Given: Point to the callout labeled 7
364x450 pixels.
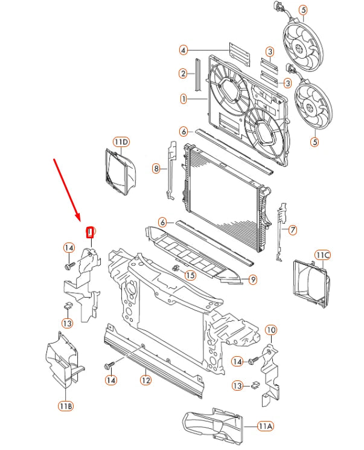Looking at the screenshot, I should [x=293, y=230].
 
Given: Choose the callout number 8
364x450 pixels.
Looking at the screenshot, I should [x=156, y=169].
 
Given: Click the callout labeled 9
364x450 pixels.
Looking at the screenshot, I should [x=252, y=279].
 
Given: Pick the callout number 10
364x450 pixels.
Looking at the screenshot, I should [x=271, y=330].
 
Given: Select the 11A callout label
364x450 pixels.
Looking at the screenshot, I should [x=265, y=426].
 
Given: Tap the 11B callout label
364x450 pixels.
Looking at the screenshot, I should [x=66, y=406].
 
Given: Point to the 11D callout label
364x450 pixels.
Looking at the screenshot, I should [x=121, y=142].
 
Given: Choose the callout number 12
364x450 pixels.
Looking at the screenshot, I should [x=145, y=380].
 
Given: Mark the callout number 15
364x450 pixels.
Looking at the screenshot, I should [x=190, y=276].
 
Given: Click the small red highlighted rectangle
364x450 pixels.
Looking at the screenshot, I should [x=90, y=231].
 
